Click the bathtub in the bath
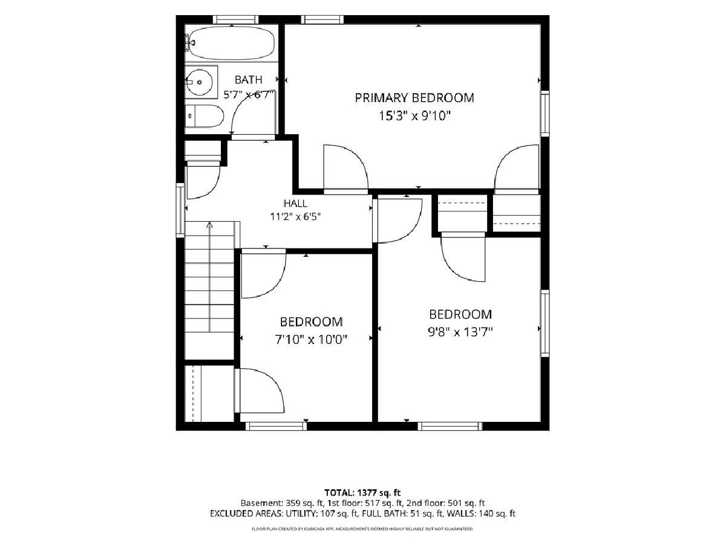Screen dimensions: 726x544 pyautogui.click(x=229, y=43)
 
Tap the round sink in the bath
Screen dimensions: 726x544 pyautogui.click(x=199, y=82)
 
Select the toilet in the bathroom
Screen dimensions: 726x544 pyautogui.click(x=204, y=116)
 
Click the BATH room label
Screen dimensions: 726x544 pyautogui.click(x=249, y=80)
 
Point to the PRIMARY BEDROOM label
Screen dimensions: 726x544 pyautogui.click(x=414, y=98)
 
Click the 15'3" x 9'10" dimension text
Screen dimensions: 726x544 pyautogui.click(x=415, y=116)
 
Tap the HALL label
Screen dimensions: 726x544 pyautogui.click(x=295, y=203)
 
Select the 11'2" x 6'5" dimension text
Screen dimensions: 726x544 pyautogui.click(x=296, y=216)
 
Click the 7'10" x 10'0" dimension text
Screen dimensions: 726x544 pyautogui.click(x=311, y=339)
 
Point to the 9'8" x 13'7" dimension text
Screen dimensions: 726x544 pyautogui.click(x=460, y=332)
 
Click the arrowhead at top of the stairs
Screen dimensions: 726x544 pyautogui.click(x=209, y=225)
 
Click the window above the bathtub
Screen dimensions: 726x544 pyautogui.click(x=235, y=19)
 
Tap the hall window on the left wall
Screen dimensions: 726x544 pyautogui.click(x=180, y=210)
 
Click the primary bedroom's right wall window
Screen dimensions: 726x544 pyautogui.click(x=544, y=113)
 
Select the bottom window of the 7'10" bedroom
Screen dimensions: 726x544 pyautogui.click(x=276, y=426)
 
